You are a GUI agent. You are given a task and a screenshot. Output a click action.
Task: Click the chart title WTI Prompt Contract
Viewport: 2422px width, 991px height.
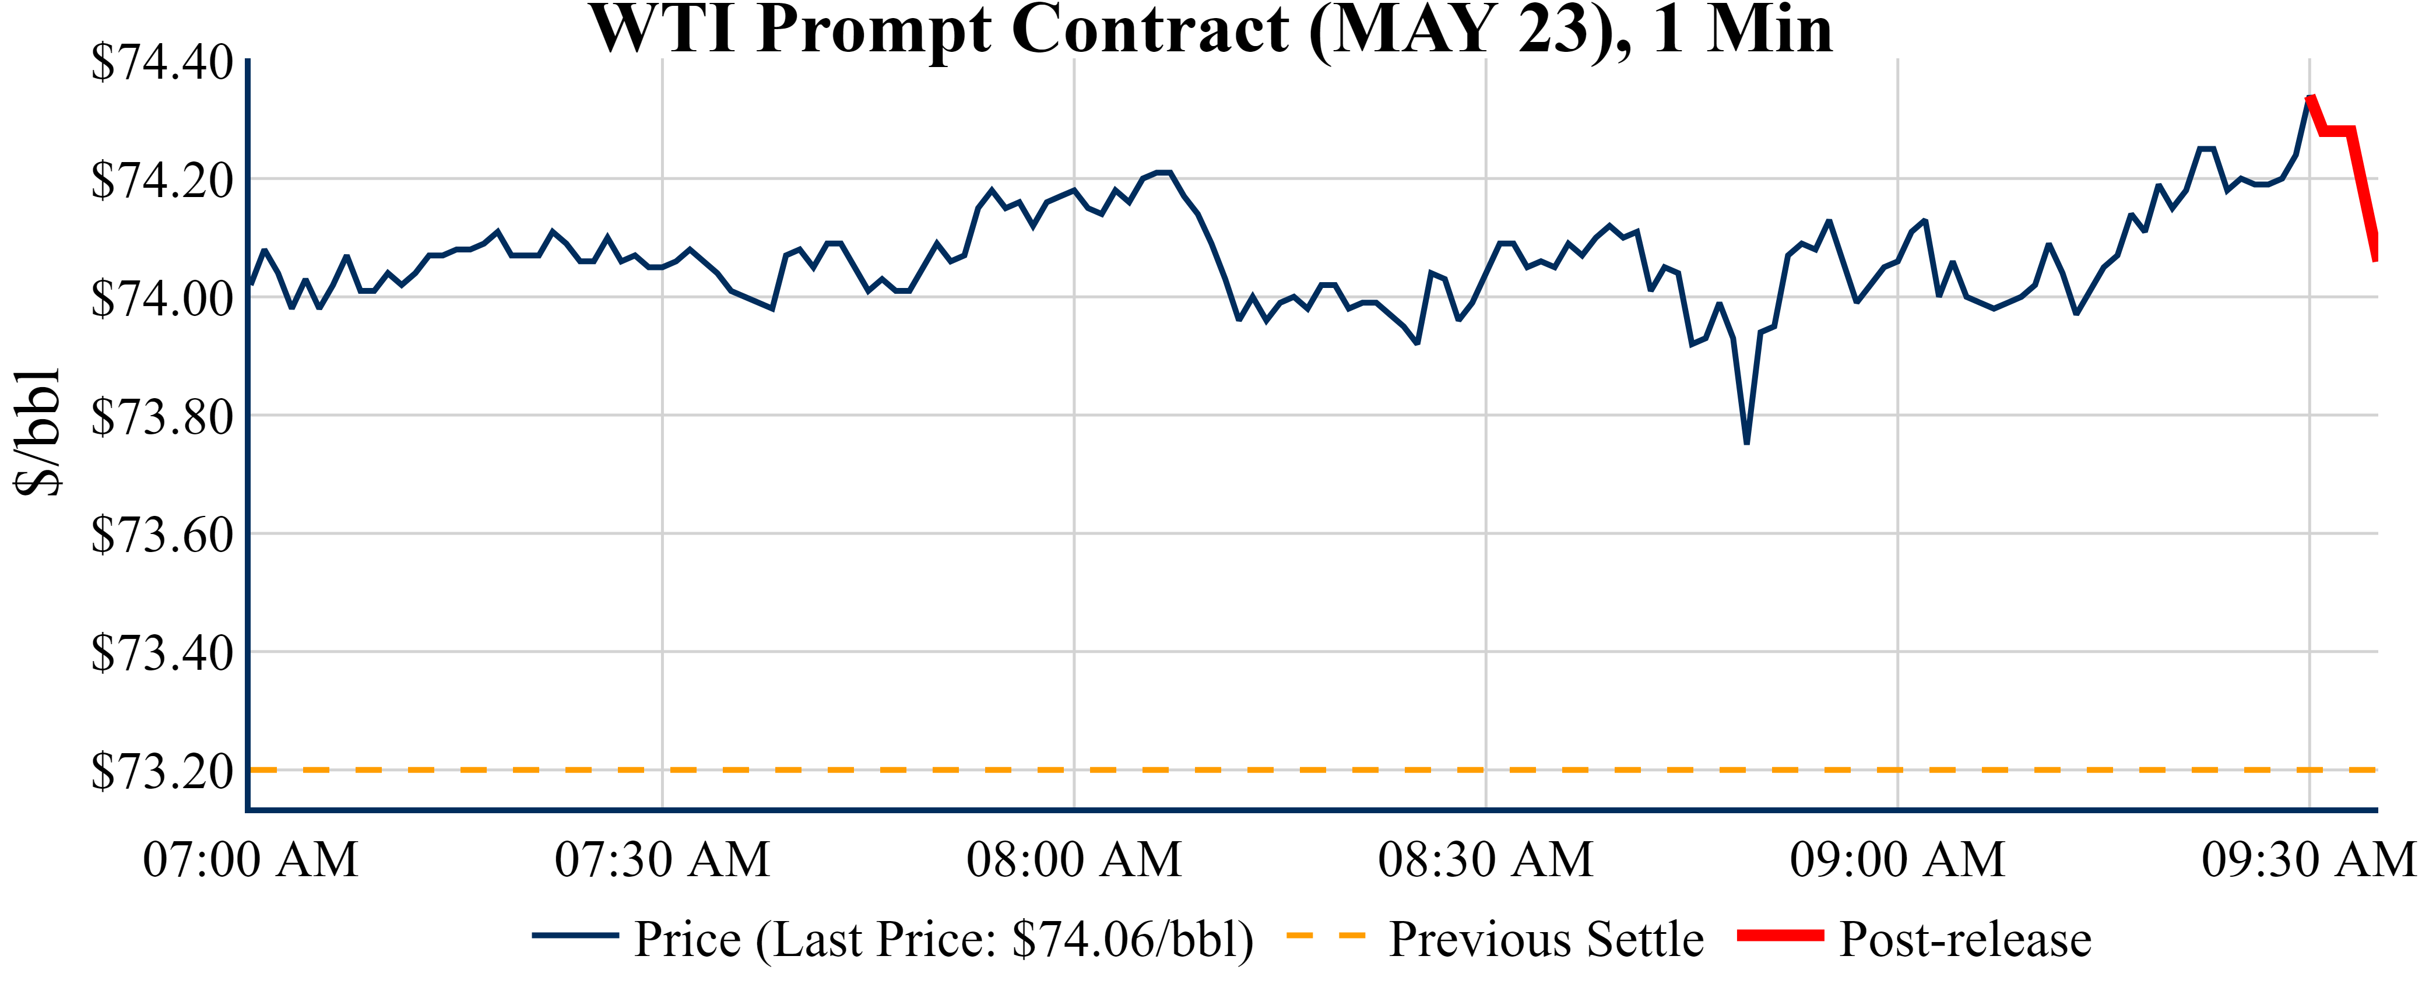pyautogui.click(x=1211, y=30)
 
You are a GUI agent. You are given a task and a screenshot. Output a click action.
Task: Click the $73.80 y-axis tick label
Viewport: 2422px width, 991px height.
pyautogui.click(x=161, y=417)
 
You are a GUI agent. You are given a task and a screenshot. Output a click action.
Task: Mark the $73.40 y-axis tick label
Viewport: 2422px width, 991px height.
pyautogui.click(x=161, y=652)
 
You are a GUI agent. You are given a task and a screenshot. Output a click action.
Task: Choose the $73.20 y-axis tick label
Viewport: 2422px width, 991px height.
pyautogui.click(x=161, y=771)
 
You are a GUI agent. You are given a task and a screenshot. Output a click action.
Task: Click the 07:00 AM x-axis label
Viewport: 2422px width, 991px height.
pyautogui.click(x=250, y=859)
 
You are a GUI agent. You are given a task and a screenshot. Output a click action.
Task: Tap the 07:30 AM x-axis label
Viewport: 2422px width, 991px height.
pyautogui.click(x=662, y=859)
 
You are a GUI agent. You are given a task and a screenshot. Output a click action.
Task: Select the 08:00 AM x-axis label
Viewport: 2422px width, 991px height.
pyautogui.click(x=1074, y=859)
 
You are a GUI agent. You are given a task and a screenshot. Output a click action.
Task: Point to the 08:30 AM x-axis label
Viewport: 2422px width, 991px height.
pyautogui.click(x=1485, y=859)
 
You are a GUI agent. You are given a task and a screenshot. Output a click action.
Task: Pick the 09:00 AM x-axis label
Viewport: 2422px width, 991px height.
pyautogui.click(x=1897, y=859)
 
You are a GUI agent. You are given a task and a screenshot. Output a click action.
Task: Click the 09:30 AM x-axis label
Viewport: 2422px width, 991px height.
pyautogui.click(x=2308, y=859)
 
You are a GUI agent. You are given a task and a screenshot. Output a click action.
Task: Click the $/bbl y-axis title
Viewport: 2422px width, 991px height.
pyautogui.click(x=38, y=431)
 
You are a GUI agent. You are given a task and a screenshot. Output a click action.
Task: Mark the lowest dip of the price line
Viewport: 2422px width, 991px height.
pyautogui.click(x=1746, y=442)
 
